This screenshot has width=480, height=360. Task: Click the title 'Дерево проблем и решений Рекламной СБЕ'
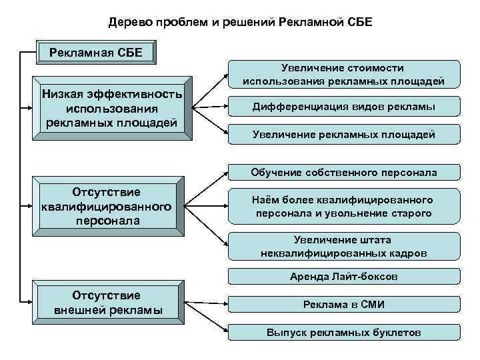(240, 23)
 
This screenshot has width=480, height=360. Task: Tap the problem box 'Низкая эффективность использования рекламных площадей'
(111, 107)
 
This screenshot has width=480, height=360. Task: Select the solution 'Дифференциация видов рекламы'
(344, 106)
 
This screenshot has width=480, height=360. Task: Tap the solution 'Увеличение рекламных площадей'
(344, 135)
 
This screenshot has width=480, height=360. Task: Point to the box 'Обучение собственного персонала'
(344, 173)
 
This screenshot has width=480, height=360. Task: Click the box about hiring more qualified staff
(344, 207)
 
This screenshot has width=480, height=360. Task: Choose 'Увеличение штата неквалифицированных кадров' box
(344, 247)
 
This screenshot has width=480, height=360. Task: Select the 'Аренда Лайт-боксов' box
(344, 276)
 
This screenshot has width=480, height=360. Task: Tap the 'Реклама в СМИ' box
(344, 304)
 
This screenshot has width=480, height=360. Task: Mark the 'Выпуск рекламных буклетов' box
(344, 332)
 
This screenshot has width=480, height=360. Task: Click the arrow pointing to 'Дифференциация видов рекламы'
(210, 106)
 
